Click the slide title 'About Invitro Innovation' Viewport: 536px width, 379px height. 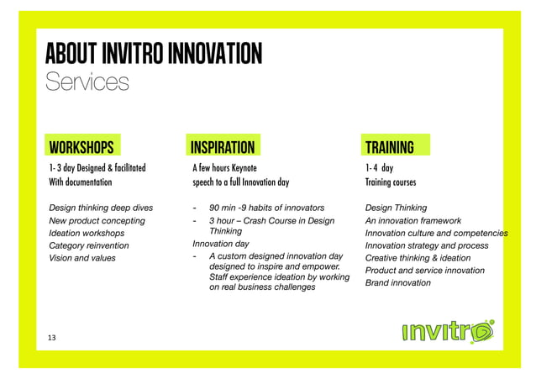coord(155,53)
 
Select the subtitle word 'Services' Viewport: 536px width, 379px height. coord(87,82)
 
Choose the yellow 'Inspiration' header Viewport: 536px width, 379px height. coord(223,148)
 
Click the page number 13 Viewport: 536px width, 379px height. coord(52,337)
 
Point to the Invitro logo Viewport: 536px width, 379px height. coord(446,332)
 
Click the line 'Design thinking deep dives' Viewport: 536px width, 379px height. coord(101,208)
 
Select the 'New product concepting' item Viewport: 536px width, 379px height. coord(97,220)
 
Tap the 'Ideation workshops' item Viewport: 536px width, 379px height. coord(87,233)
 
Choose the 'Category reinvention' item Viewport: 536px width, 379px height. coord(89,245)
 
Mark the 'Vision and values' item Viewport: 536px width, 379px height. coord(82,258)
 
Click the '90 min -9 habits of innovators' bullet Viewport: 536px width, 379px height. coord(266,208)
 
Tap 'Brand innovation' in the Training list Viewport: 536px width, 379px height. coord(398,283)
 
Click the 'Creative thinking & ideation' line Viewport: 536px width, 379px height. coord(418,258)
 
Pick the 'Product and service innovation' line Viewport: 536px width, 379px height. coord(424,271)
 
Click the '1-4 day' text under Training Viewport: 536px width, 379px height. coord(379,168)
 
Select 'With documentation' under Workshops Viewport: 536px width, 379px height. coord(80,182)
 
